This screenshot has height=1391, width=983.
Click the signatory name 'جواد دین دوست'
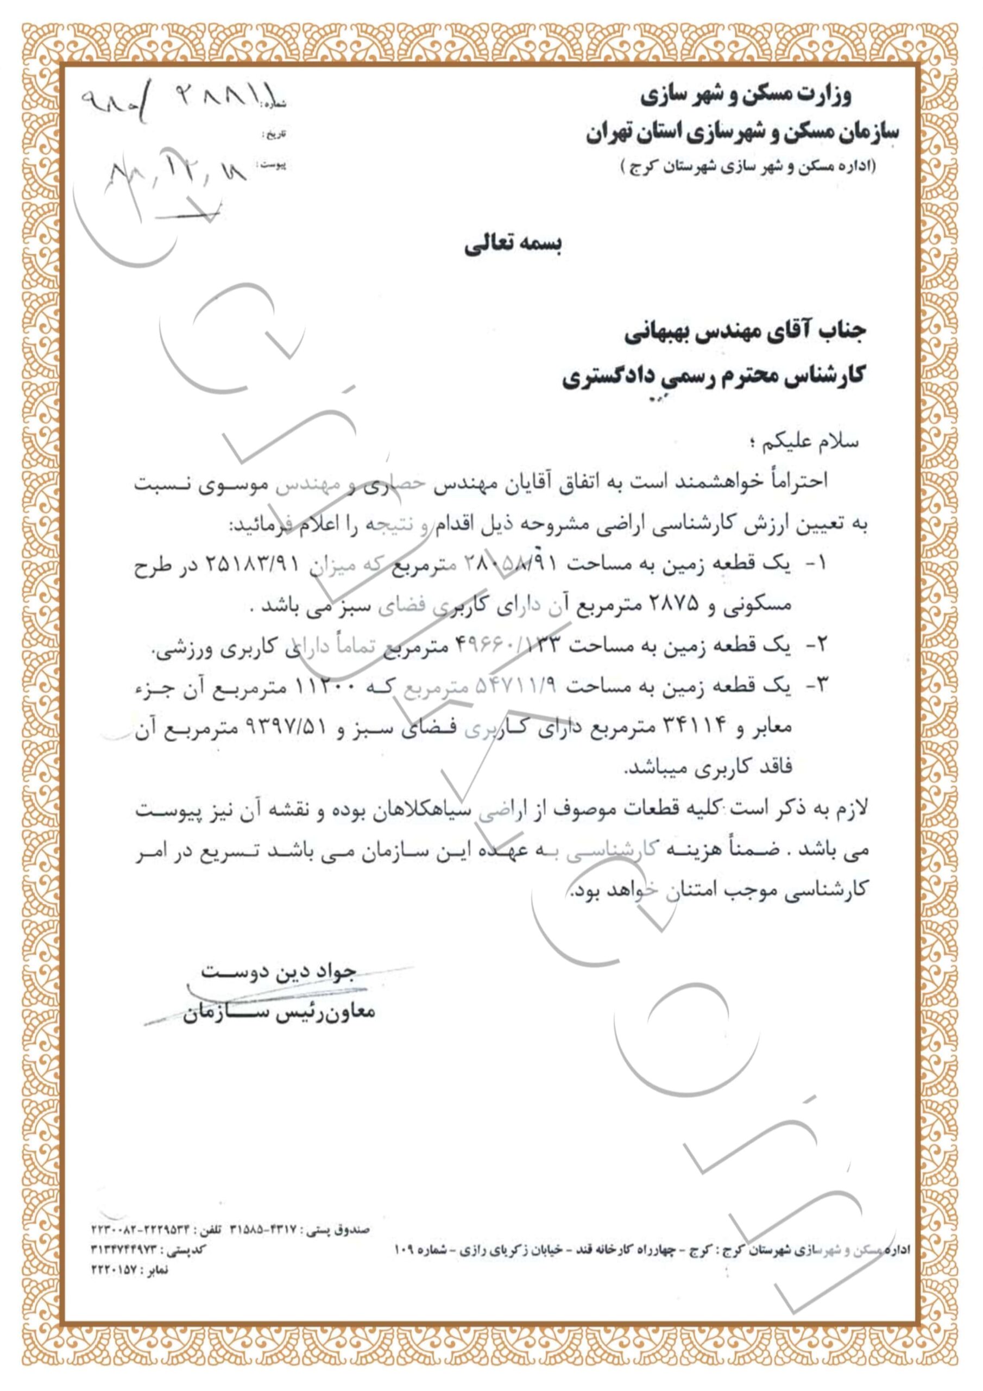(x=278, y=971)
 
